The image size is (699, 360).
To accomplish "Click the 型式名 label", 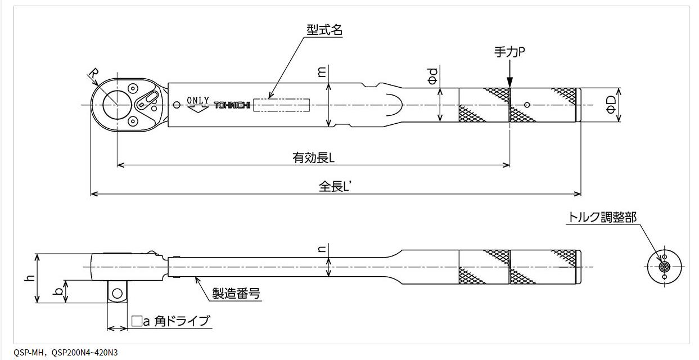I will point(324,30).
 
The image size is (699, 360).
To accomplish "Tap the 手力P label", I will point(509,52).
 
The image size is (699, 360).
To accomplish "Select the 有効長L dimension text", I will point(313,157).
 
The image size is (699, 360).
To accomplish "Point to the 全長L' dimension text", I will point(336,187).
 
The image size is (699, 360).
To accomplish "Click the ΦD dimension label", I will point(611,105).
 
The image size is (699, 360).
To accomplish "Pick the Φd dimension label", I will point(431,77).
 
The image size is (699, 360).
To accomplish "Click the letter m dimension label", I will point(321,72).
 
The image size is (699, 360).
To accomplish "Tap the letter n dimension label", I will point(322,249).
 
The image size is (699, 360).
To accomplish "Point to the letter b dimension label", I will point(57,291).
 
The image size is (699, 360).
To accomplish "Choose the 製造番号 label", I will point(236,293).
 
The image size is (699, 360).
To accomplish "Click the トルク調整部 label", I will point(602,217).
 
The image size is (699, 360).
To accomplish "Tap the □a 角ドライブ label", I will point(170,321).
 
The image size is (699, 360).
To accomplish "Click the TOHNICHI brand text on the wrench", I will point(231,105).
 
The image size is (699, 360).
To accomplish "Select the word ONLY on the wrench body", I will point(198,100).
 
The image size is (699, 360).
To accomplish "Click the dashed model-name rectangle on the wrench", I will point(282,105).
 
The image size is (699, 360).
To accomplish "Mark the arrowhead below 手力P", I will point(509,82).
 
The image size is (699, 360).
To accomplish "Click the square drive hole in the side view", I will point(117,292).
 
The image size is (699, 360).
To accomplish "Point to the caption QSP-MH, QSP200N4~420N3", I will point(66,353).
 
